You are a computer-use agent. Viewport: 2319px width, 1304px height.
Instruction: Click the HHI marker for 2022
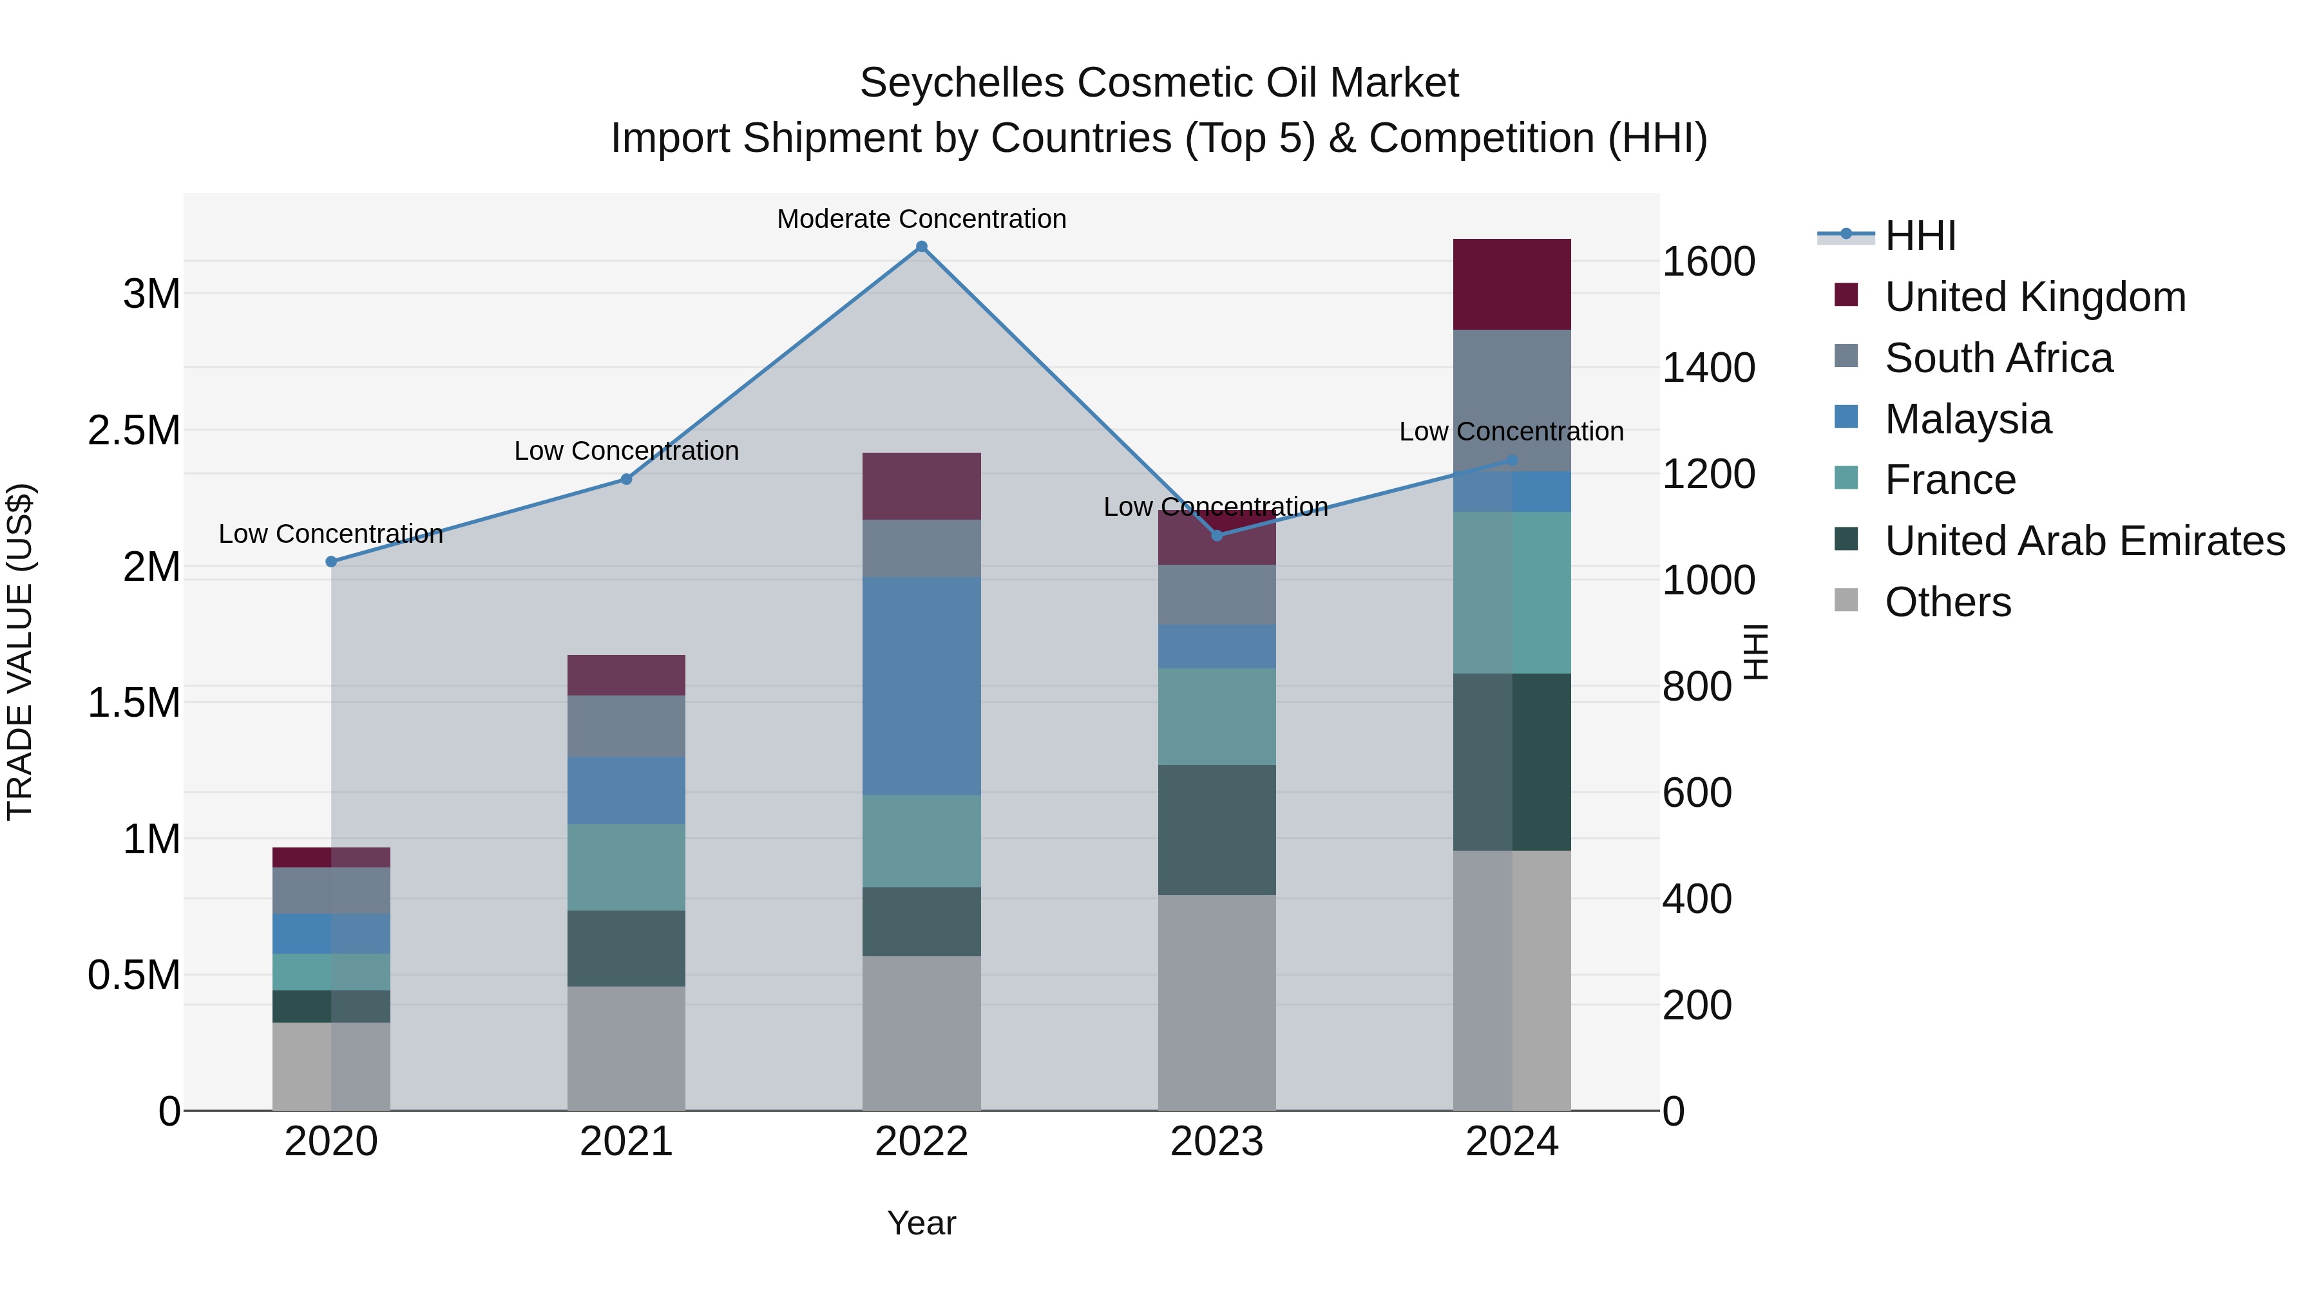pyautogui.click(x=921, y=247)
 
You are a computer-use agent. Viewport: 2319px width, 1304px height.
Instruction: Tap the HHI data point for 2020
pyautogui.click(x=331, y=562)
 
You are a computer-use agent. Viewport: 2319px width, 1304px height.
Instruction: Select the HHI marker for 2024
pyautogui.click(x=1511, y=461)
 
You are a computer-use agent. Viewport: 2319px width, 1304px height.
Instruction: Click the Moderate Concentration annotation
pyautogui.click(x=921, y=220)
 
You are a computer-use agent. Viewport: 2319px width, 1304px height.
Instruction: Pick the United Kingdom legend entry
pyautogui.click(x=2034, y=297)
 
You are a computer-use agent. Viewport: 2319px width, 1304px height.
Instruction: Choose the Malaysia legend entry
pyautogui.click(x=1968, y=419)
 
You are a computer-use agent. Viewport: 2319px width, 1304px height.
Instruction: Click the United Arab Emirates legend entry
pyautogui.click(x=2084, y=542)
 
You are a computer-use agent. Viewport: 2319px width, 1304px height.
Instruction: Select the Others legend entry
pyautogui.click(x=1947, y=603)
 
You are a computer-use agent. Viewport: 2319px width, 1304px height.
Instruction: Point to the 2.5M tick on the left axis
pyautogui.click(x=134, y=431)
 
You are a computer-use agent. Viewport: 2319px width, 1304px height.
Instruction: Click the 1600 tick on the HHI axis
pyautogui.click(x=1708, y=262)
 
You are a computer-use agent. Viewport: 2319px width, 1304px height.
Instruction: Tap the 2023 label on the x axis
pyautogui.click(x=1216, y=1142)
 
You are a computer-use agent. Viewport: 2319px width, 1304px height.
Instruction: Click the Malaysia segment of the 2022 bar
pyautogui.click(x=921, y=686)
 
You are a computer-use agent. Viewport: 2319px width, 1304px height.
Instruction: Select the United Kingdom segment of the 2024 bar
pyautogui.click(x=1511, y=285)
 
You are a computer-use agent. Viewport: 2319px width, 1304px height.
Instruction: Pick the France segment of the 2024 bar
pyautogui.click(x=1511, y=592)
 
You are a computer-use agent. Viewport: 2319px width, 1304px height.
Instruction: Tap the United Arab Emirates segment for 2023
pyautogui.click(x=1216, y=830)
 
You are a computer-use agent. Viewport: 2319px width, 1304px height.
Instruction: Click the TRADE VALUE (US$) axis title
pyautogui.click(x=20, y=652)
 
